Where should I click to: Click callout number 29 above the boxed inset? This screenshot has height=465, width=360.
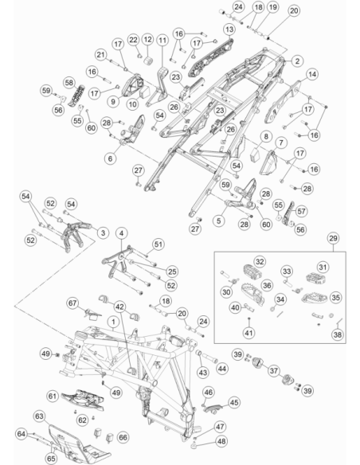[333, 238]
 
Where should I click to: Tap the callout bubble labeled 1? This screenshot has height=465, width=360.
[113, 322]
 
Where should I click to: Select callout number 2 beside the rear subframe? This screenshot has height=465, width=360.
[297, 61]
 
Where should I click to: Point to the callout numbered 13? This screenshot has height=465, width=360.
[229, 29]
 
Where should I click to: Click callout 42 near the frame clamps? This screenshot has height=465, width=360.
[119, 307]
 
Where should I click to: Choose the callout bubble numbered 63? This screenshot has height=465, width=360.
[40, 416]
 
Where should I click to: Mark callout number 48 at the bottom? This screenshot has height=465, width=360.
[221, 441]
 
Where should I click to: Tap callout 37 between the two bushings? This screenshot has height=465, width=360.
[274, 371]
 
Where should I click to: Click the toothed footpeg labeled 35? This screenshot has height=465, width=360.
[314, 298]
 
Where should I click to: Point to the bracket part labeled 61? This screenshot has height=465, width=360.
[83, 399]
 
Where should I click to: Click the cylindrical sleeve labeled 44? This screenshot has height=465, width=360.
[210, 358]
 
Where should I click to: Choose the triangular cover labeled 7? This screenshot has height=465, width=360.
[268, 162]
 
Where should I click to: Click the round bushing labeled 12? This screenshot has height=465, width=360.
[150, 61]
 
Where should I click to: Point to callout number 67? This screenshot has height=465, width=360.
[72, 303]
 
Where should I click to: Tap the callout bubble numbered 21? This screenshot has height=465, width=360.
[101, 55]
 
